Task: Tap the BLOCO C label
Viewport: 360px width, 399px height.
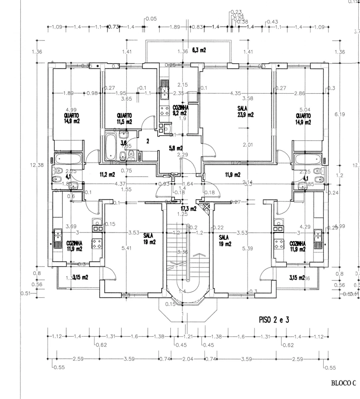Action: click(343, 383)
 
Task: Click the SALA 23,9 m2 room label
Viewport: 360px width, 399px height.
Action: click(245, 111)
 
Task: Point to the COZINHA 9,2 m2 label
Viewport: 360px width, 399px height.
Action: click(180, 110)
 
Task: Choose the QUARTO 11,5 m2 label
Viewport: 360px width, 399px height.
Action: click(124, 118)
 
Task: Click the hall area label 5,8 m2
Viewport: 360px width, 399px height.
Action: click(176, 148)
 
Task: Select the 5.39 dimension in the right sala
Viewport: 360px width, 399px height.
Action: click(248, 248)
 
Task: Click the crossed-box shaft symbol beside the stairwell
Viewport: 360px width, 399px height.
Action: click(207, 207)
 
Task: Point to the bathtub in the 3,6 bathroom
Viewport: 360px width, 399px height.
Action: click(110, 146)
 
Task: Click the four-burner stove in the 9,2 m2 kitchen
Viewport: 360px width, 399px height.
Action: click(164, 110)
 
